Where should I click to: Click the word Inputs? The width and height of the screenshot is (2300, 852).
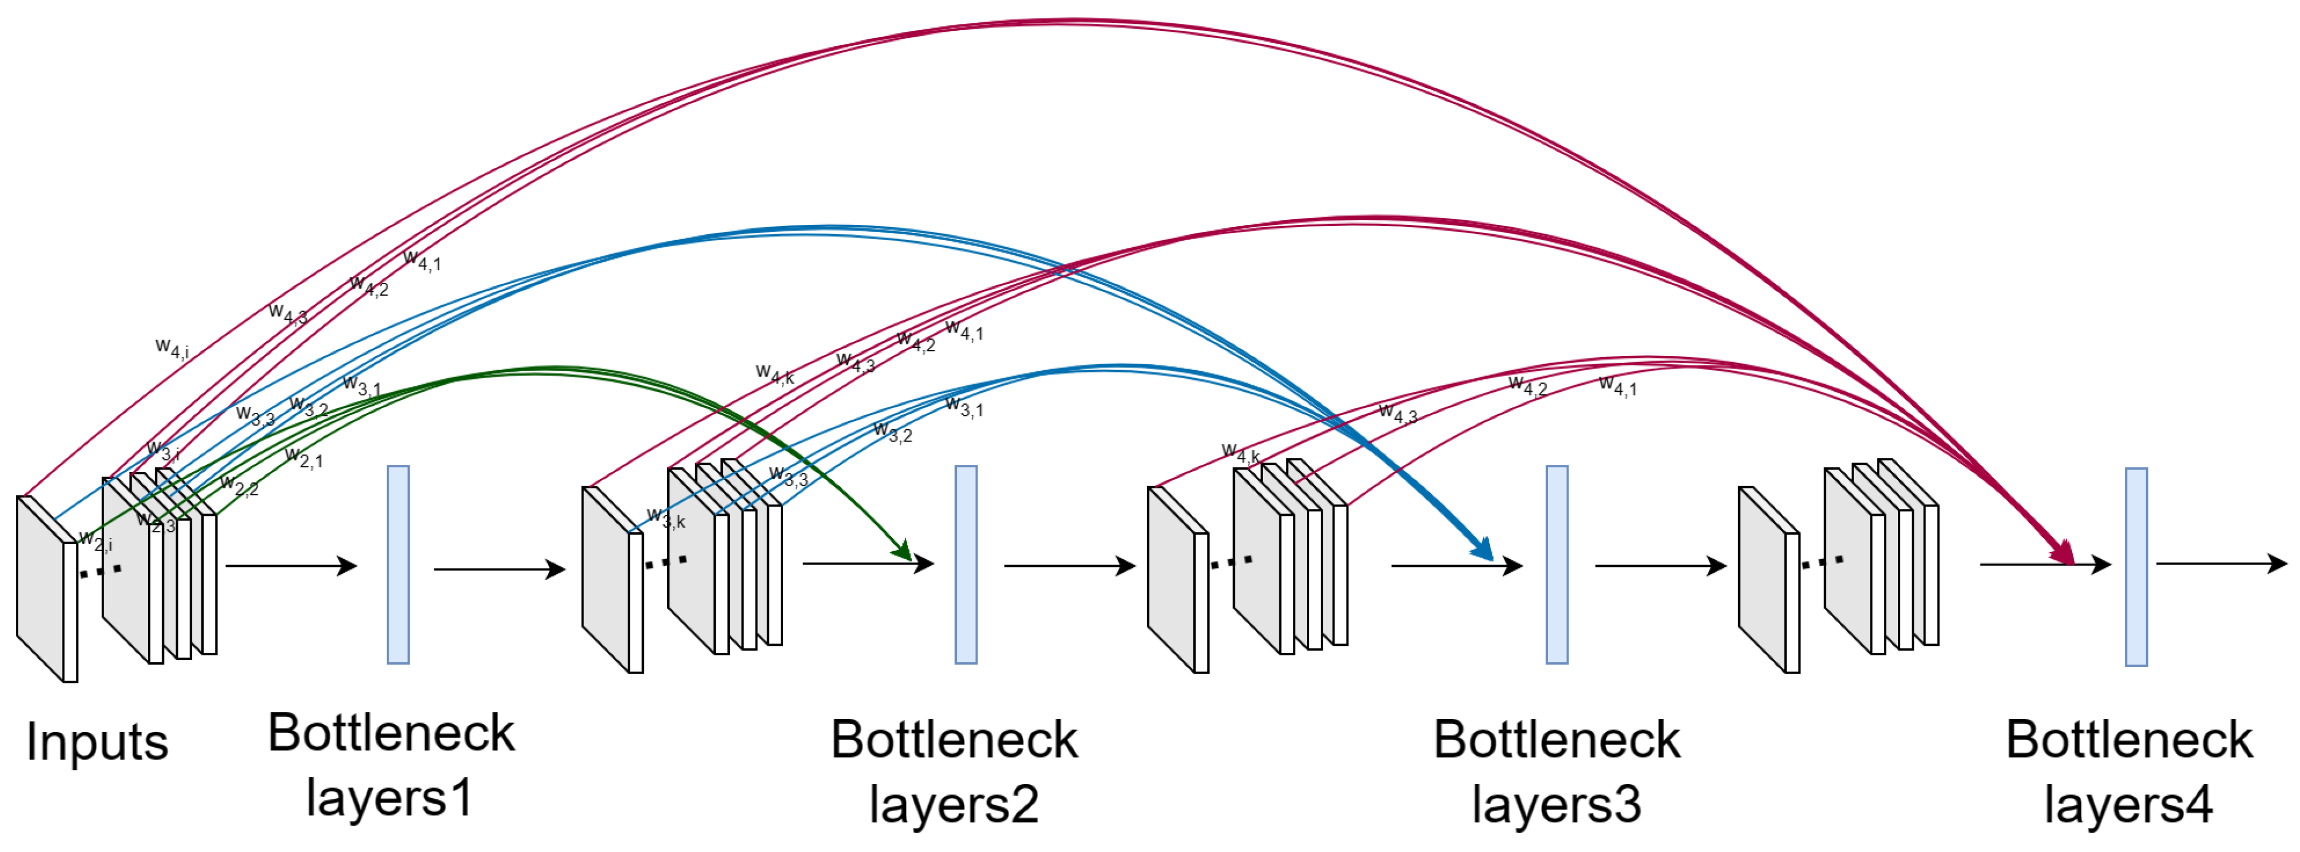pyautogui.click(x=97, y=741)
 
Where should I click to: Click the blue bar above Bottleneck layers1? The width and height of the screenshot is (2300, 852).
pyautogui.click(x=398, y=564)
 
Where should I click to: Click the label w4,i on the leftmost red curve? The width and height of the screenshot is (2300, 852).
pyautogui.click(x=171, y=347)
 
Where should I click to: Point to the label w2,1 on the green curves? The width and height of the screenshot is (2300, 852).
pyautogui.click(x=304, y=457)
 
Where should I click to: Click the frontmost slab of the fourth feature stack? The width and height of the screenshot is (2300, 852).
pyautogui.click(x=1768, y=580)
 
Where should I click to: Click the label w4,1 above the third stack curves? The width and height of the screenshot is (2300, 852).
pyautogui.click(x=1618, y=386)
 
